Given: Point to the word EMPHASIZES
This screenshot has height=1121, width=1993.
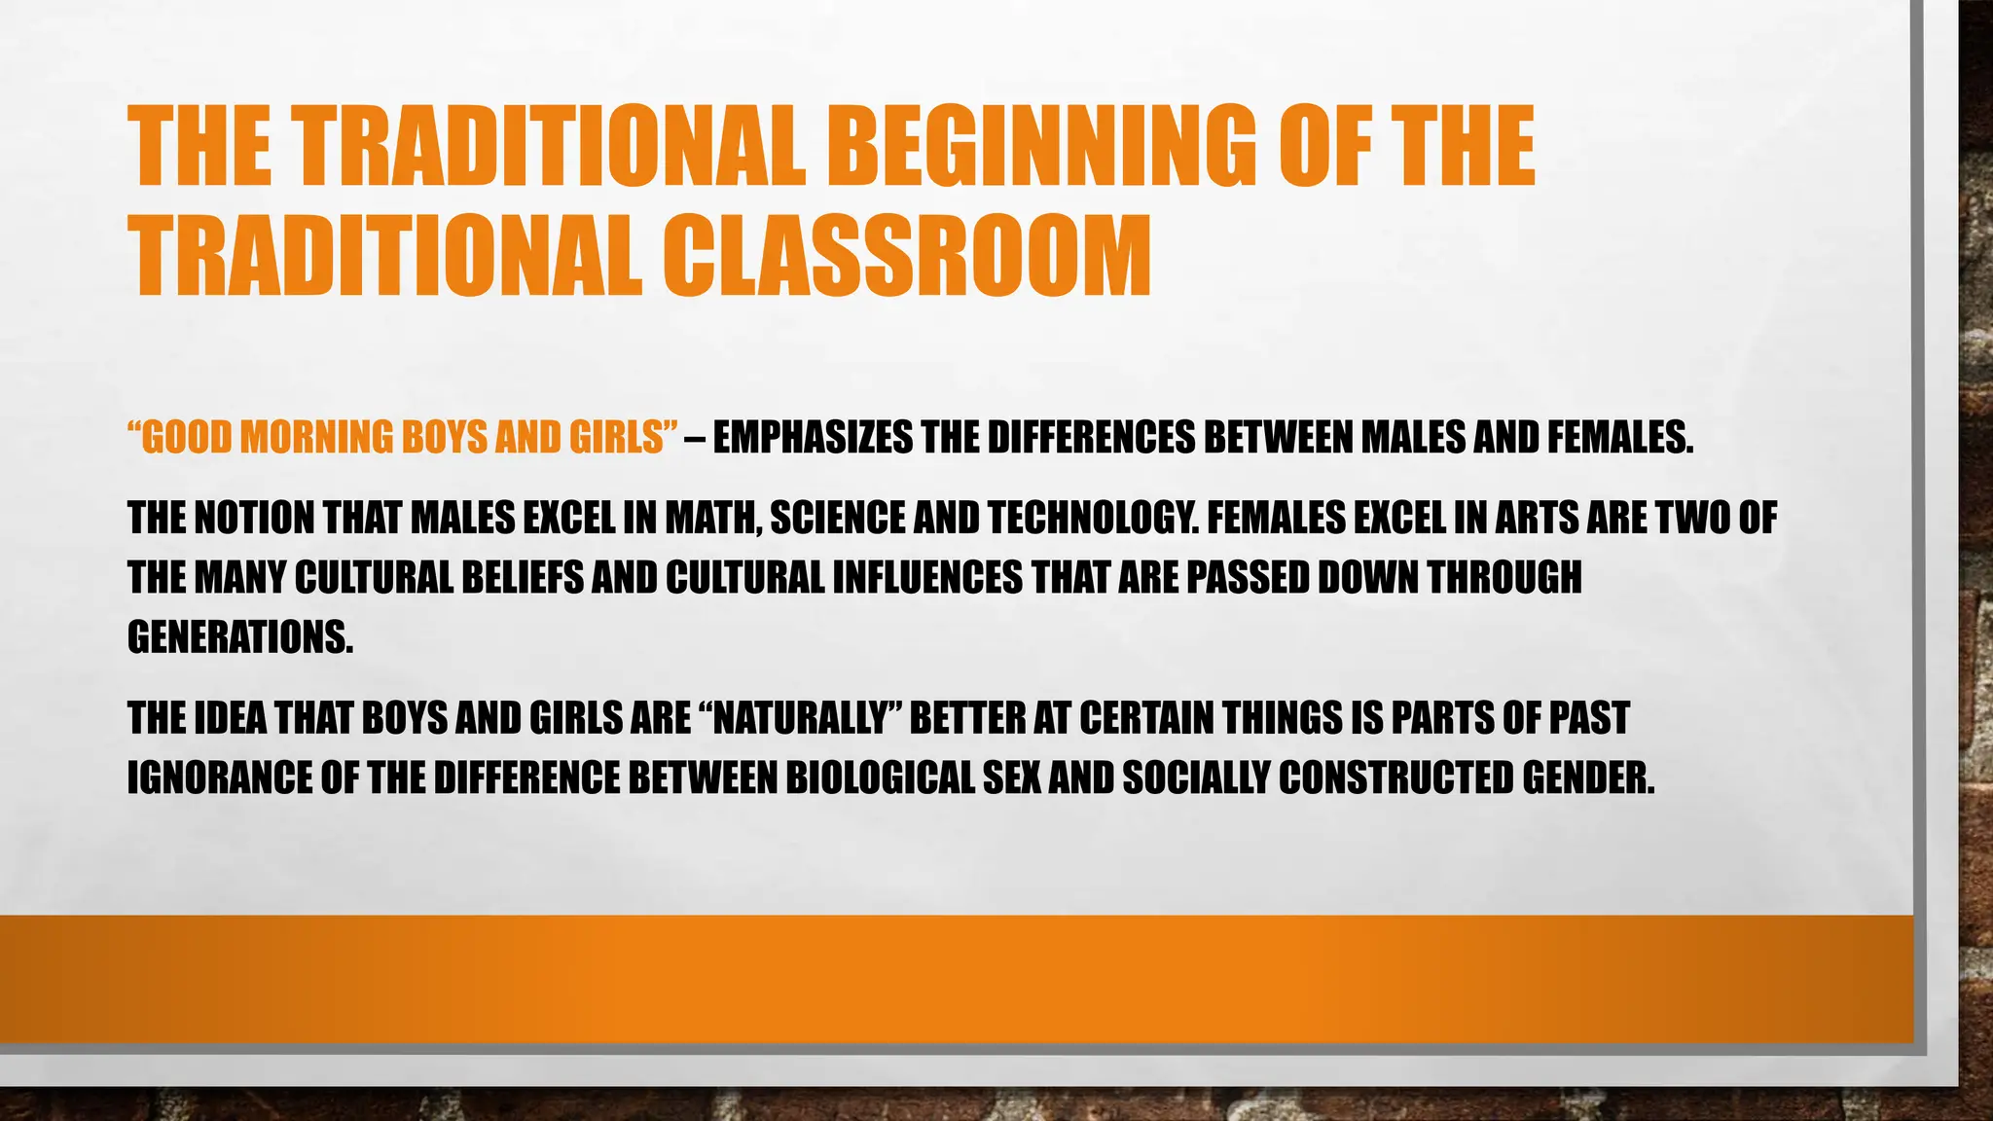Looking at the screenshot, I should [x=813, y=438].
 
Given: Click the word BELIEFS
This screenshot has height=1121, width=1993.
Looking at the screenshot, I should [x=522, y=578].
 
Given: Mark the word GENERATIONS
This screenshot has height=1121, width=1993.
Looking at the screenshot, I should [x=240, y=637].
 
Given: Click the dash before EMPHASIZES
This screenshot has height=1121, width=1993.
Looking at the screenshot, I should [x=695, y=438].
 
